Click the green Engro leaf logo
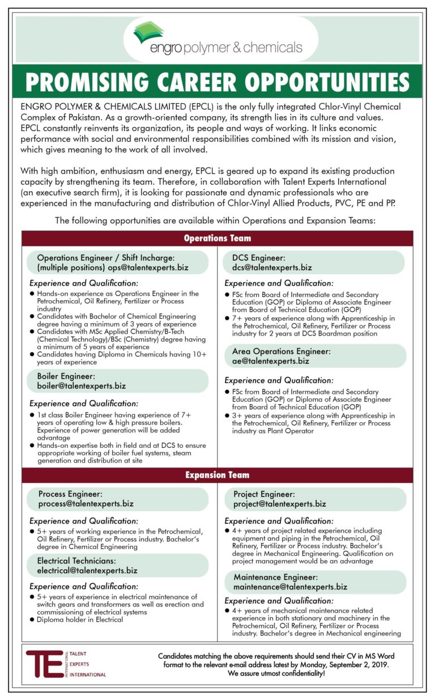click(148, 33)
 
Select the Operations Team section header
click(217, 238)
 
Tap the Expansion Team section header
click(217, 474)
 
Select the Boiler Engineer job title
click(63, 376)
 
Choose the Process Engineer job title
click(70, 494)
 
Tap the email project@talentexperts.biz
click(279, 503)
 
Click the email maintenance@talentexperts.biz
click(290, 587)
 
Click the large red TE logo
click(45, 664)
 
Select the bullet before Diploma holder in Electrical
click(32, 620)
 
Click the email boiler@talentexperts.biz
click(77, 386)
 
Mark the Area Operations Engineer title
click(281, 351)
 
